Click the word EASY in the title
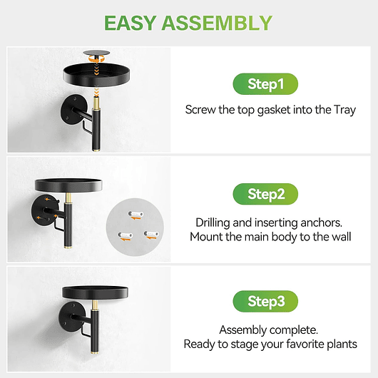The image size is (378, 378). [x=131, y=23]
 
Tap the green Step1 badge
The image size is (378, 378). [x=265, y=84]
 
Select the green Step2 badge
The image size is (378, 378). [x=265, y=193]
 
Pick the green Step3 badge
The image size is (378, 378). [x=265, y=302]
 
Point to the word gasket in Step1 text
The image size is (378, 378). [x=277, y=110]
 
